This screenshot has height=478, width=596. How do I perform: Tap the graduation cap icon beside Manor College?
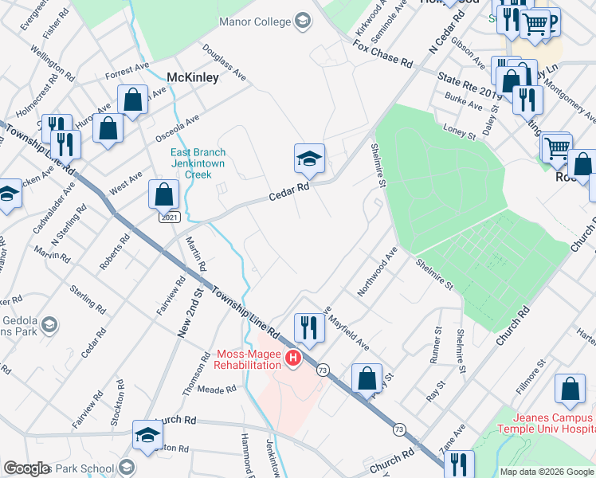[303, 21]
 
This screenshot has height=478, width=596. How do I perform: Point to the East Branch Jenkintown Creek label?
[198, 163]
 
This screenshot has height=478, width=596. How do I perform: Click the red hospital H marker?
[292, 359]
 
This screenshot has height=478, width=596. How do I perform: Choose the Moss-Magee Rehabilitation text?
[249, 359]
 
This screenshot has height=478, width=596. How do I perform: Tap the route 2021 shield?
[168, 217]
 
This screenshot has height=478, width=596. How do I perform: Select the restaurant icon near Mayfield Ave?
[308, 327]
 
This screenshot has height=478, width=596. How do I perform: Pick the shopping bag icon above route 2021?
[163, 194]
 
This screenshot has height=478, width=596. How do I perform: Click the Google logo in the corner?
[27, 468]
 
